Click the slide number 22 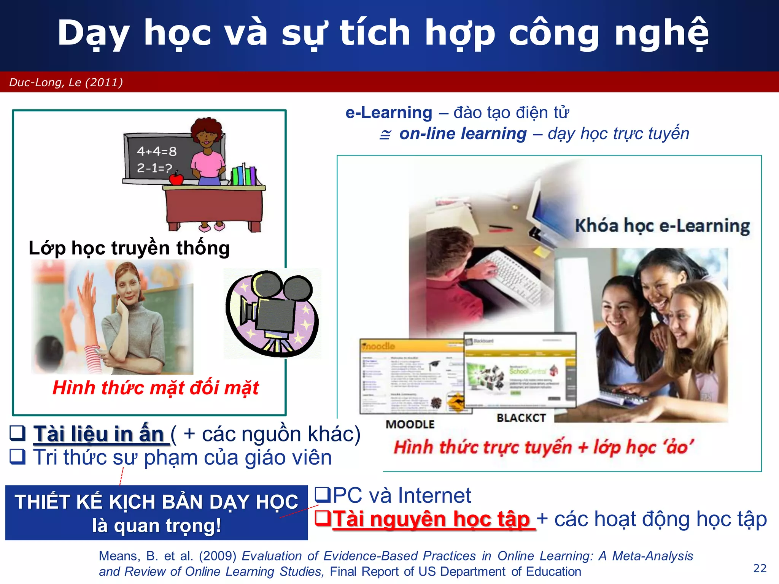tap(760, 568)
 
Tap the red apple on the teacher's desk tap(176, 179)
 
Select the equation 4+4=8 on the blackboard tap(157, 151)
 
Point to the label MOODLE tap(410, 424)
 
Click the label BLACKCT tap(521, 418)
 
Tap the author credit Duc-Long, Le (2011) tap(66, 83)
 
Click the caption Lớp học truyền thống tap(129, 248)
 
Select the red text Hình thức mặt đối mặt tap(156, 388)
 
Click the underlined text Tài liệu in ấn tap(99, 434)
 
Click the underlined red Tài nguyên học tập tap(431, 519)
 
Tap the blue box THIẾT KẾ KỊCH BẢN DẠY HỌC tap(156, 512)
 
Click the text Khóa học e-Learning tap(662, 226)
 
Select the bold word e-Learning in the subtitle tap(389, 113)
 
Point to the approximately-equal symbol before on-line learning tap(385, 134)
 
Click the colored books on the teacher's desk tap(244, 176)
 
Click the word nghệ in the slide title tap(661, 33)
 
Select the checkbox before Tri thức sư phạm tap(17, 456)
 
